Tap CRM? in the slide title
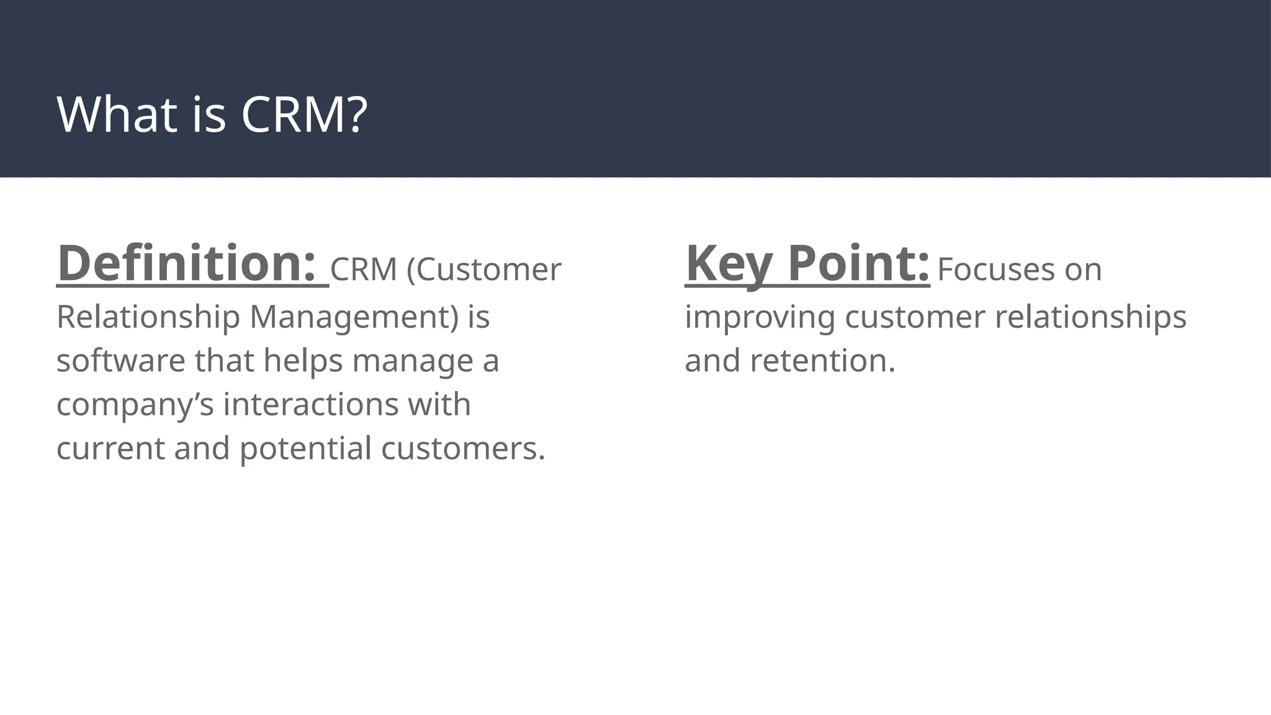pyautogui.click(x=304, y=114)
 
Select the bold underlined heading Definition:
pyautogui.click(x=186, y=263)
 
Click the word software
pyautogui.click(x=120, y=361)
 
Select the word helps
pyautogui.click(x=303, y=361)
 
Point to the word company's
pyautogui.click(x=135, y=405)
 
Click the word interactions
pyautogui.click(x=311, y=405)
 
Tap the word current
pyautogui.click(x=110, y=448)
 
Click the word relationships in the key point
pyautogui.click(x=1090, y=317)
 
